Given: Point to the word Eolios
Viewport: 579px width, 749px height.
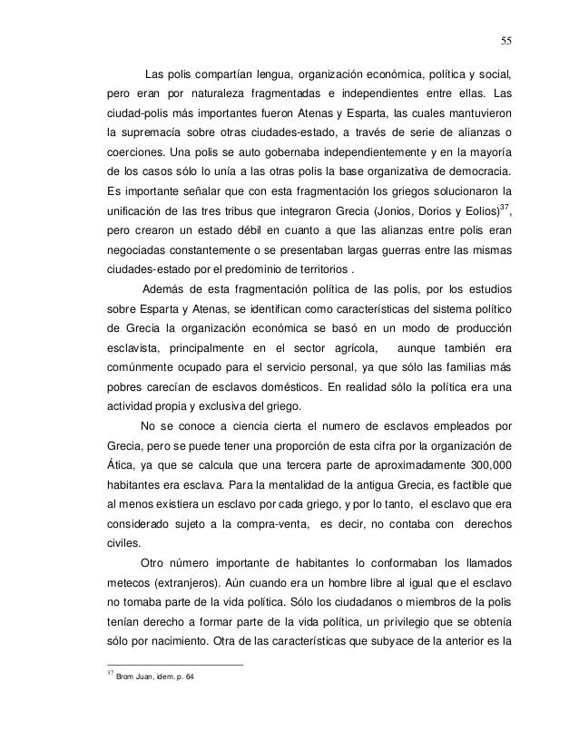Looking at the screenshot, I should tap(486, 211).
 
